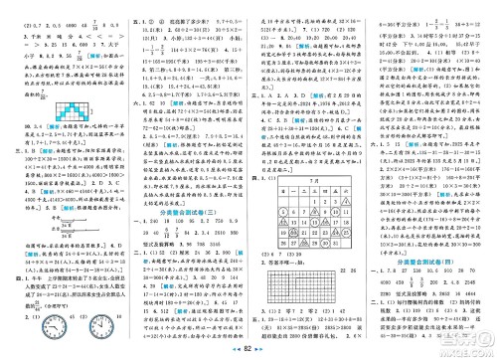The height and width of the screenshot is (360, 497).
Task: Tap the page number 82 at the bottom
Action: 248,351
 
